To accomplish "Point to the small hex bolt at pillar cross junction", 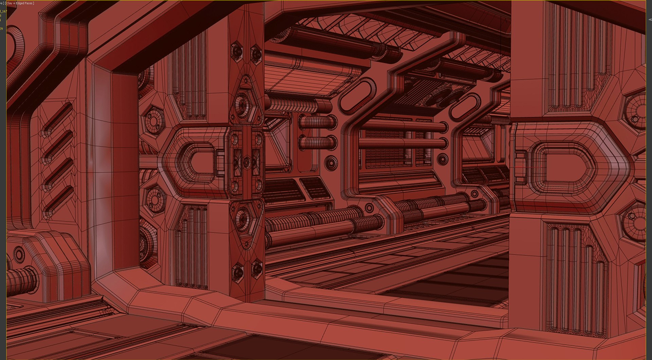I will (x=247, y=162).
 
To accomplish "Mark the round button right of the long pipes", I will (x=442, y=159).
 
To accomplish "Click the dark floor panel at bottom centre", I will (x=258, y=348).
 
